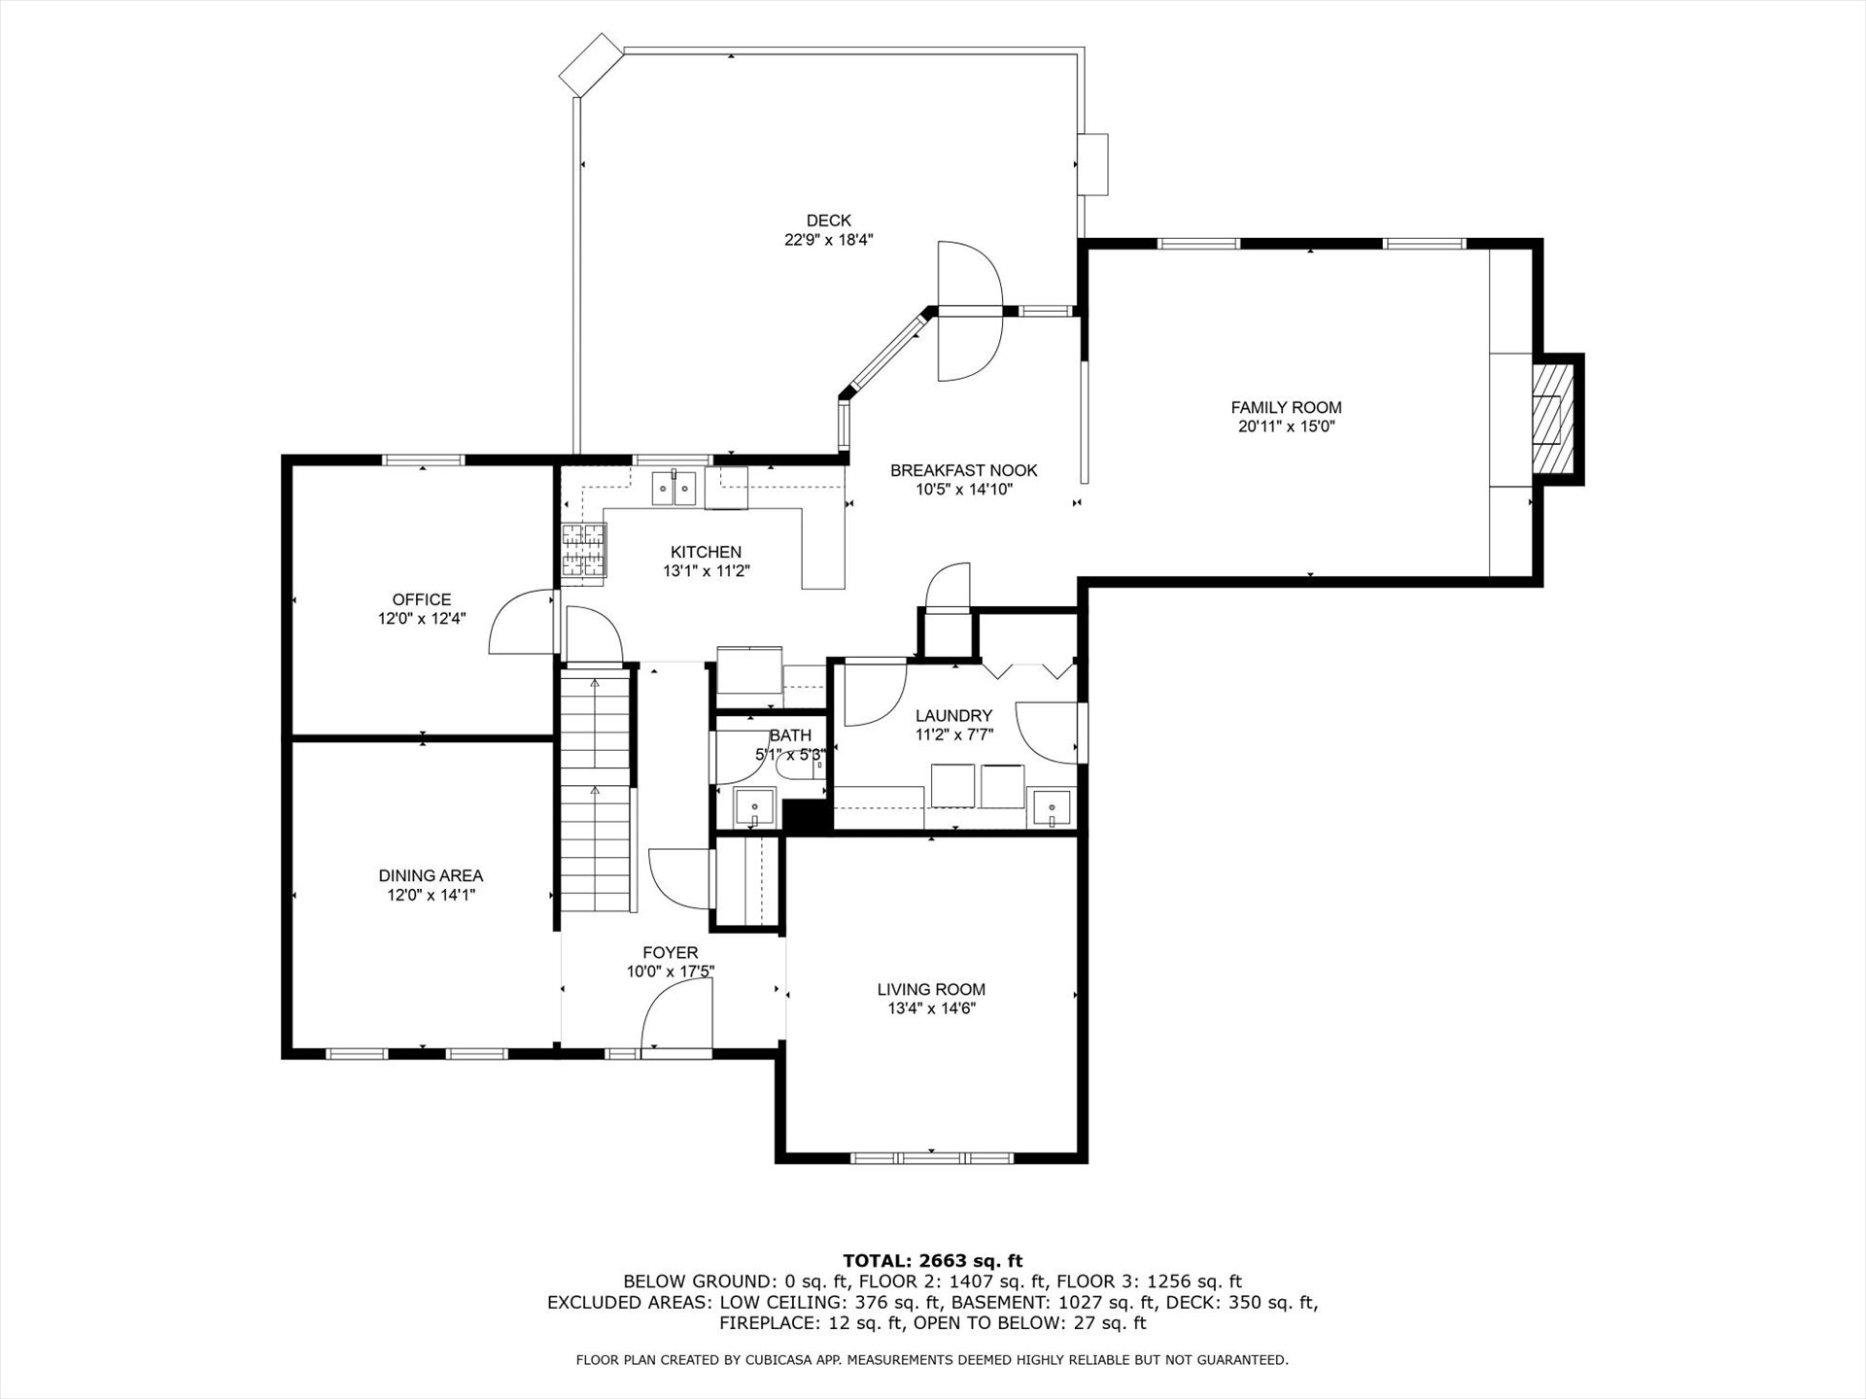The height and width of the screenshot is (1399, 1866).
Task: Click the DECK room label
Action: (x=828, y=221)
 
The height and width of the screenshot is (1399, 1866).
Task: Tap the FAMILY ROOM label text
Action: (x=1286, y=408)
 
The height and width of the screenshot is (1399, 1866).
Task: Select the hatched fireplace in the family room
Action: (x=1551, y=419)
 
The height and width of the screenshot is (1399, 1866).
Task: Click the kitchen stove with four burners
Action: (x=583, y=551)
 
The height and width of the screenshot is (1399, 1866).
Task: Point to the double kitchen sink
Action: (x=675, y=488)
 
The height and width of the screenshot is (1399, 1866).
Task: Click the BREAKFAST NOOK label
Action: (x=964, y=470)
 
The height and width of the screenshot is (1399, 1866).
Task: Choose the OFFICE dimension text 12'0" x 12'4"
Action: (x=422, y=618)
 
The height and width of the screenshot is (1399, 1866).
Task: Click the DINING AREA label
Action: (x=431, y=876)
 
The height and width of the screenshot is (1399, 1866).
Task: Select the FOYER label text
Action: (x=670, y=953)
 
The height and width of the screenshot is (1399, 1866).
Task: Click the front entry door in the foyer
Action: (x=676, y=1013)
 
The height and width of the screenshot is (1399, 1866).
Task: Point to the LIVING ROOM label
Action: (x=931, y=990)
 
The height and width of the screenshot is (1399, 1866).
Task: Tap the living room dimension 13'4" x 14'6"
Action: (x=931, y=1008)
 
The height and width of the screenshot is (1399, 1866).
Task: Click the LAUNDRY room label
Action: (x=953, y=716)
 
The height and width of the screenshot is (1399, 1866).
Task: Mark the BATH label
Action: (x=789, y=736)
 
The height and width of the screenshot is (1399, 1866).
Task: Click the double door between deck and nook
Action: (x=969, y=311)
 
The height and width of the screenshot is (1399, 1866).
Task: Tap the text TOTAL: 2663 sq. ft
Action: (x=932, y=1261)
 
